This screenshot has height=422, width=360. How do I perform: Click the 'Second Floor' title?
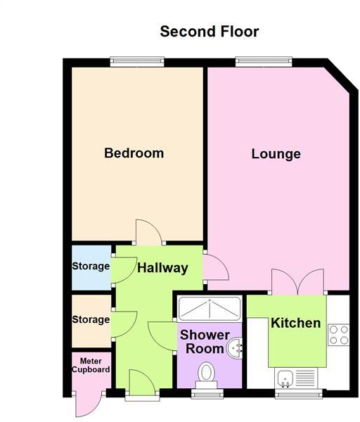(x=210, y=32)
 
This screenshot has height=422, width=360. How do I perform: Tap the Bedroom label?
(x=134, y=153)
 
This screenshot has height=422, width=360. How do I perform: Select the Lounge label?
(x=276, y=154)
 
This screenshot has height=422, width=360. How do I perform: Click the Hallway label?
(x=162, y=268)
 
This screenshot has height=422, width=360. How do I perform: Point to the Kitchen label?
(x=296, y=324)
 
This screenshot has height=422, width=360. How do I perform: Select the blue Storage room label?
(x=91, y=267)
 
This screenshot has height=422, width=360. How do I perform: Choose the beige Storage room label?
(x=91, y=319)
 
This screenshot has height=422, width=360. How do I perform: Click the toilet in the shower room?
(x=208, y=372)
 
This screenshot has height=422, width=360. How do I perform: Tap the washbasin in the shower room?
(x=237, y=346)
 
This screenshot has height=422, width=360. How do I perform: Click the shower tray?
(x=209, y=309)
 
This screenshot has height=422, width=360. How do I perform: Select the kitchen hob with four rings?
(x=338, y=333)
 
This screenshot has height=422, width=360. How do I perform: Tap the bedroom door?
(x=148, y=231)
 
